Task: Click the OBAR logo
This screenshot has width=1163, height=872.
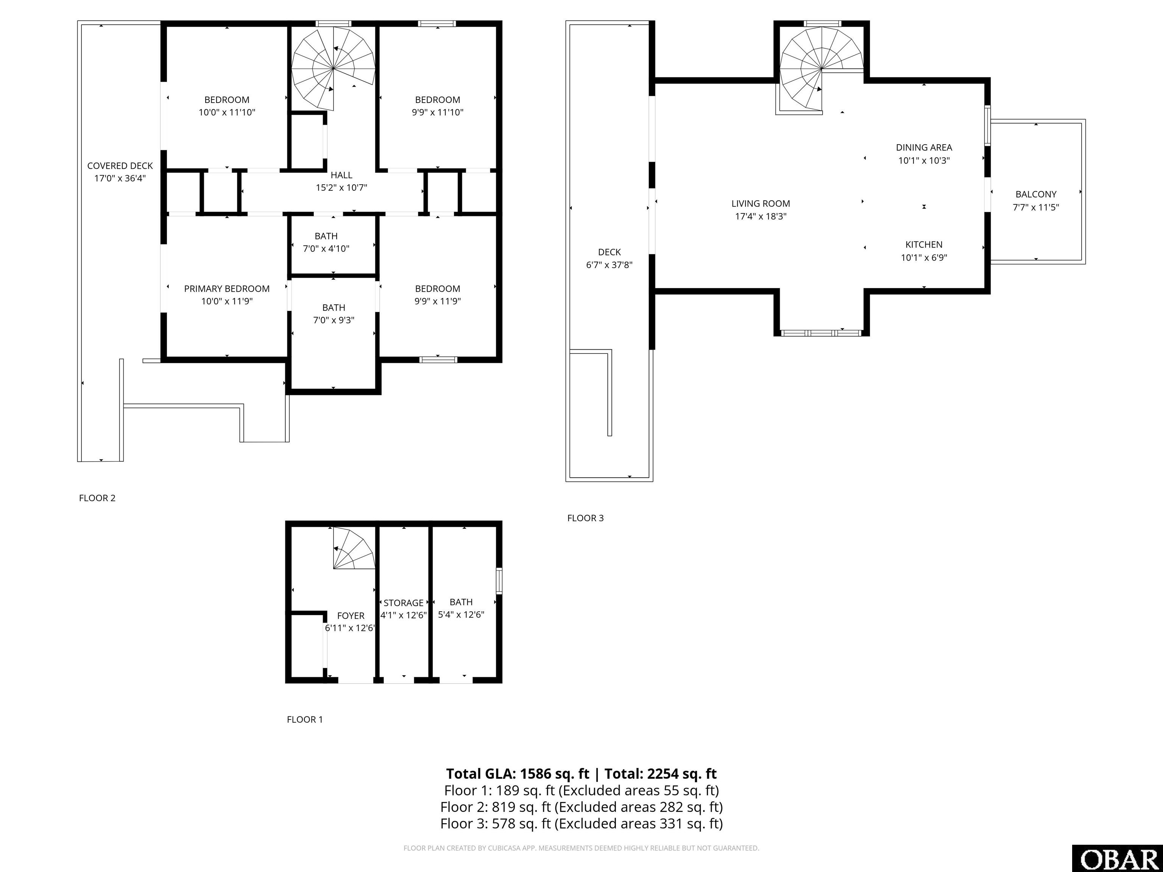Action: point(1117,858)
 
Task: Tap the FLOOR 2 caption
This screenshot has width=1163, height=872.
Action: point(97,498)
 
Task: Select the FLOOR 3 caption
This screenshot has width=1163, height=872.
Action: point(585,518)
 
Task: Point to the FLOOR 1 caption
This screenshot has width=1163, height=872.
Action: point(305,719)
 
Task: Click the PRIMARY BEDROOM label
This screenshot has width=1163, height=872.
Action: point(227,288)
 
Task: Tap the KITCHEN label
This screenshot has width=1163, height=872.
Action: point(924,244)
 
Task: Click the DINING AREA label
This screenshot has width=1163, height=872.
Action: point(924,148)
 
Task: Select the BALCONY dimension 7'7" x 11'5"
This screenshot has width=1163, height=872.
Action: point(1036,207)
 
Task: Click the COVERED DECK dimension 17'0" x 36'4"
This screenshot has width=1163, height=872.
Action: point(120,178)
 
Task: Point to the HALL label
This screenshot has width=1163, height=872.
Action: point(341,175)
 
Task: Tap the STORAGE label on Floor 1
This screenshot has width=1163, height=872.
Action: point(403,603)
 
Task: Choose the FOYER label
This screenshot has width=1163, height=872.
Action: point(351,615)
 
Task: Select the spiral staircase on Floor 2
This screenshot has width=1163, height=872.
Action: point(333,69)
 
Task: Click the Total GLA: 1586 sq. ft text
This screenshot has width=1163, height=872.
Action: point(518,774)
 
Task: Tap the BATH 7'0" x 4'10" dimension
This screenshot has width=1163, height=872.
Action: point(326,249)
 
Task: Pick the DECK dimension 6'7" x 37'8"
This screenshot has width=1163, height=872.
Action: point(610,265)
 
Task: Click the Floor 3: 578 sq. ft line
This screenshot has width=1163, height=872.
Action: point(581,824)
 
